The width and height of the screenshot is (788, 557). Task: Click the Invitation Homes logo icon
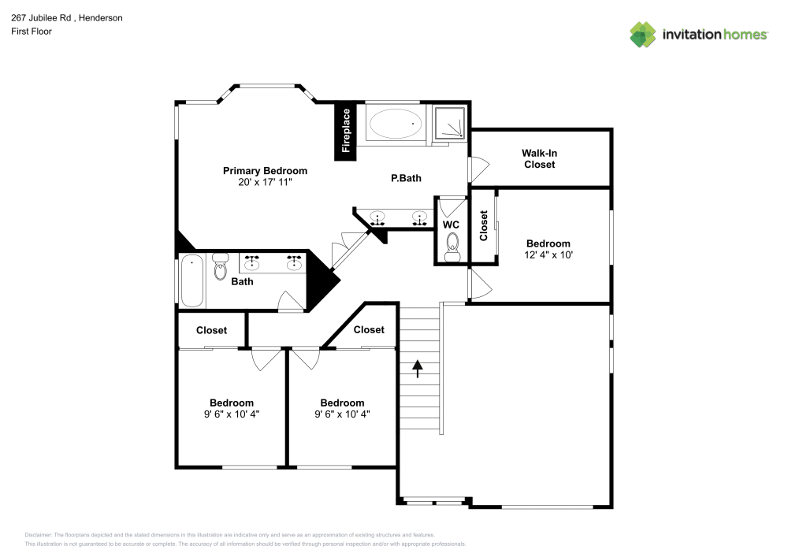click(x=642, y=34)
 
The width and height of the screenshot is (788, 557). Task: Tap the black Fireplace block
click(x=345, y=131)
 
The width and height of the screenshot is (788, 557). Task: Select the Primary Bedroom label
click(x=265, y=171)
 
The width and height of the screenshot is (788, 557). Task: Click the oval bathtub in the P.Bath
click(x=396, y=123)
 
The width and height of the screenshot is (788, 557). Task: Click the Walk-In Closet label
click(x=539, y=158)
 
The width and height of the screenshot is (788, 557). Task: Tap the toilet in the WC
click(x=452, y=251)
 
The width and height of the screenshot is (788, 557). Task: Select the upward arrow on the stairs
click(x=417, y=367)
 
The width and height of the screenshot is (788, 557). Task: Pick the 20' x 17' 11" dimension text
click(x=265, y=183)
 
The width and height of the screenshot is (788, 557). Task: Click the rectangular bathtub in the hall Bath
click(x=191, y=281)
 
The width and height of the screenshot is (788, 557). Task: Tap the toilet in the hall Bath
click(x=220, y=269)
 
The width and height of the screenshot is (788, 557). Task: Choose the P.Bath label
click(x=406, y=178)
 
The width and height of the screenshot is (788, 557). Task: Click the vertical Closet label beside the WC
click(x=484, y=225)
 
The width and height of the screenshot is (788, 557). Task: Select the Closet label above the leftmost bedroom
click(x=211, y=330)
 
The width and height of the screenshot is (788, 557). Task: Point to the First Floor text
click(x=31, y=32)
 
